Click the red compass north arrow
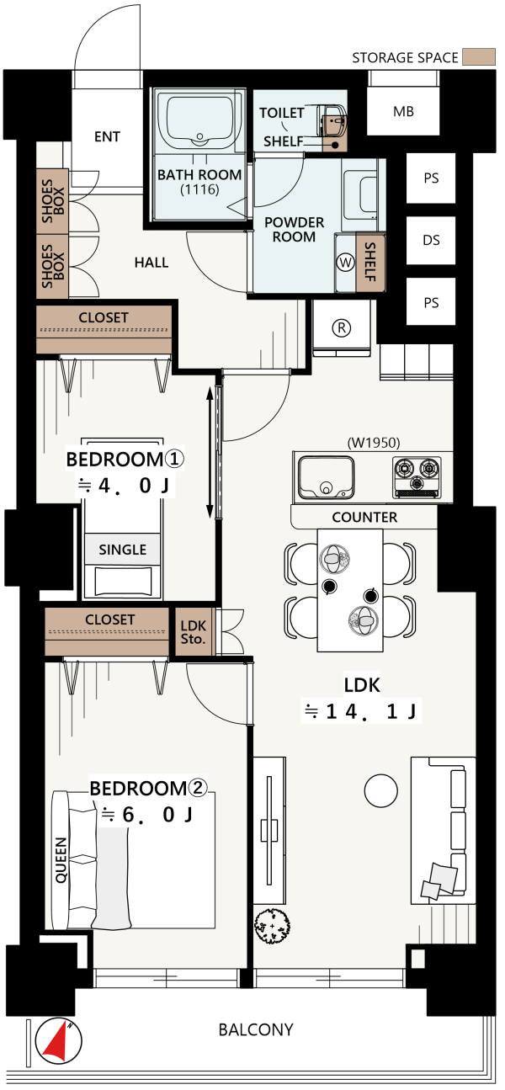(x=57, y=1041)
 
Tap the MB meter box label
(x=403, y=111)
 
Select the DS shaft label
(x=431, y=240)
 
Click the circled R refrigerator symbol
(x=342, y=328)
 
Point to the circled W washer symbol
(x=345, y=263)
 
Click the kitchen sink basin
(x=326, y=477)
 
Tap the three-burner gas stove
(x=417, y=477)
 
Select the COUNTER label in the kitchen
(x=364, y=518)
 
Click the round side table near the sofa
(x=381, y=790)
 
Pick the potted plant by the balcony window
(x=272, y=926)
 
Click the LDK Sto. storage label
(x=193, y=632)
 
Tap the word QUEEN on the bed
(x=61, y=860)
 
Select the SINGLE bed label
(x=123, y=550)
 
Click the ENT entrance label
(x=107, y=136)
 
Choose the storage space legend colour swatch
(x=479, y=57)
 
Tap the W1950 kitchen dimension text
(x=374, y=443)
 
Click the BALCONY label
(x=256, y=1029)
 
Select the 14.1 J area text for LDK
(x=361, y=711)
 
